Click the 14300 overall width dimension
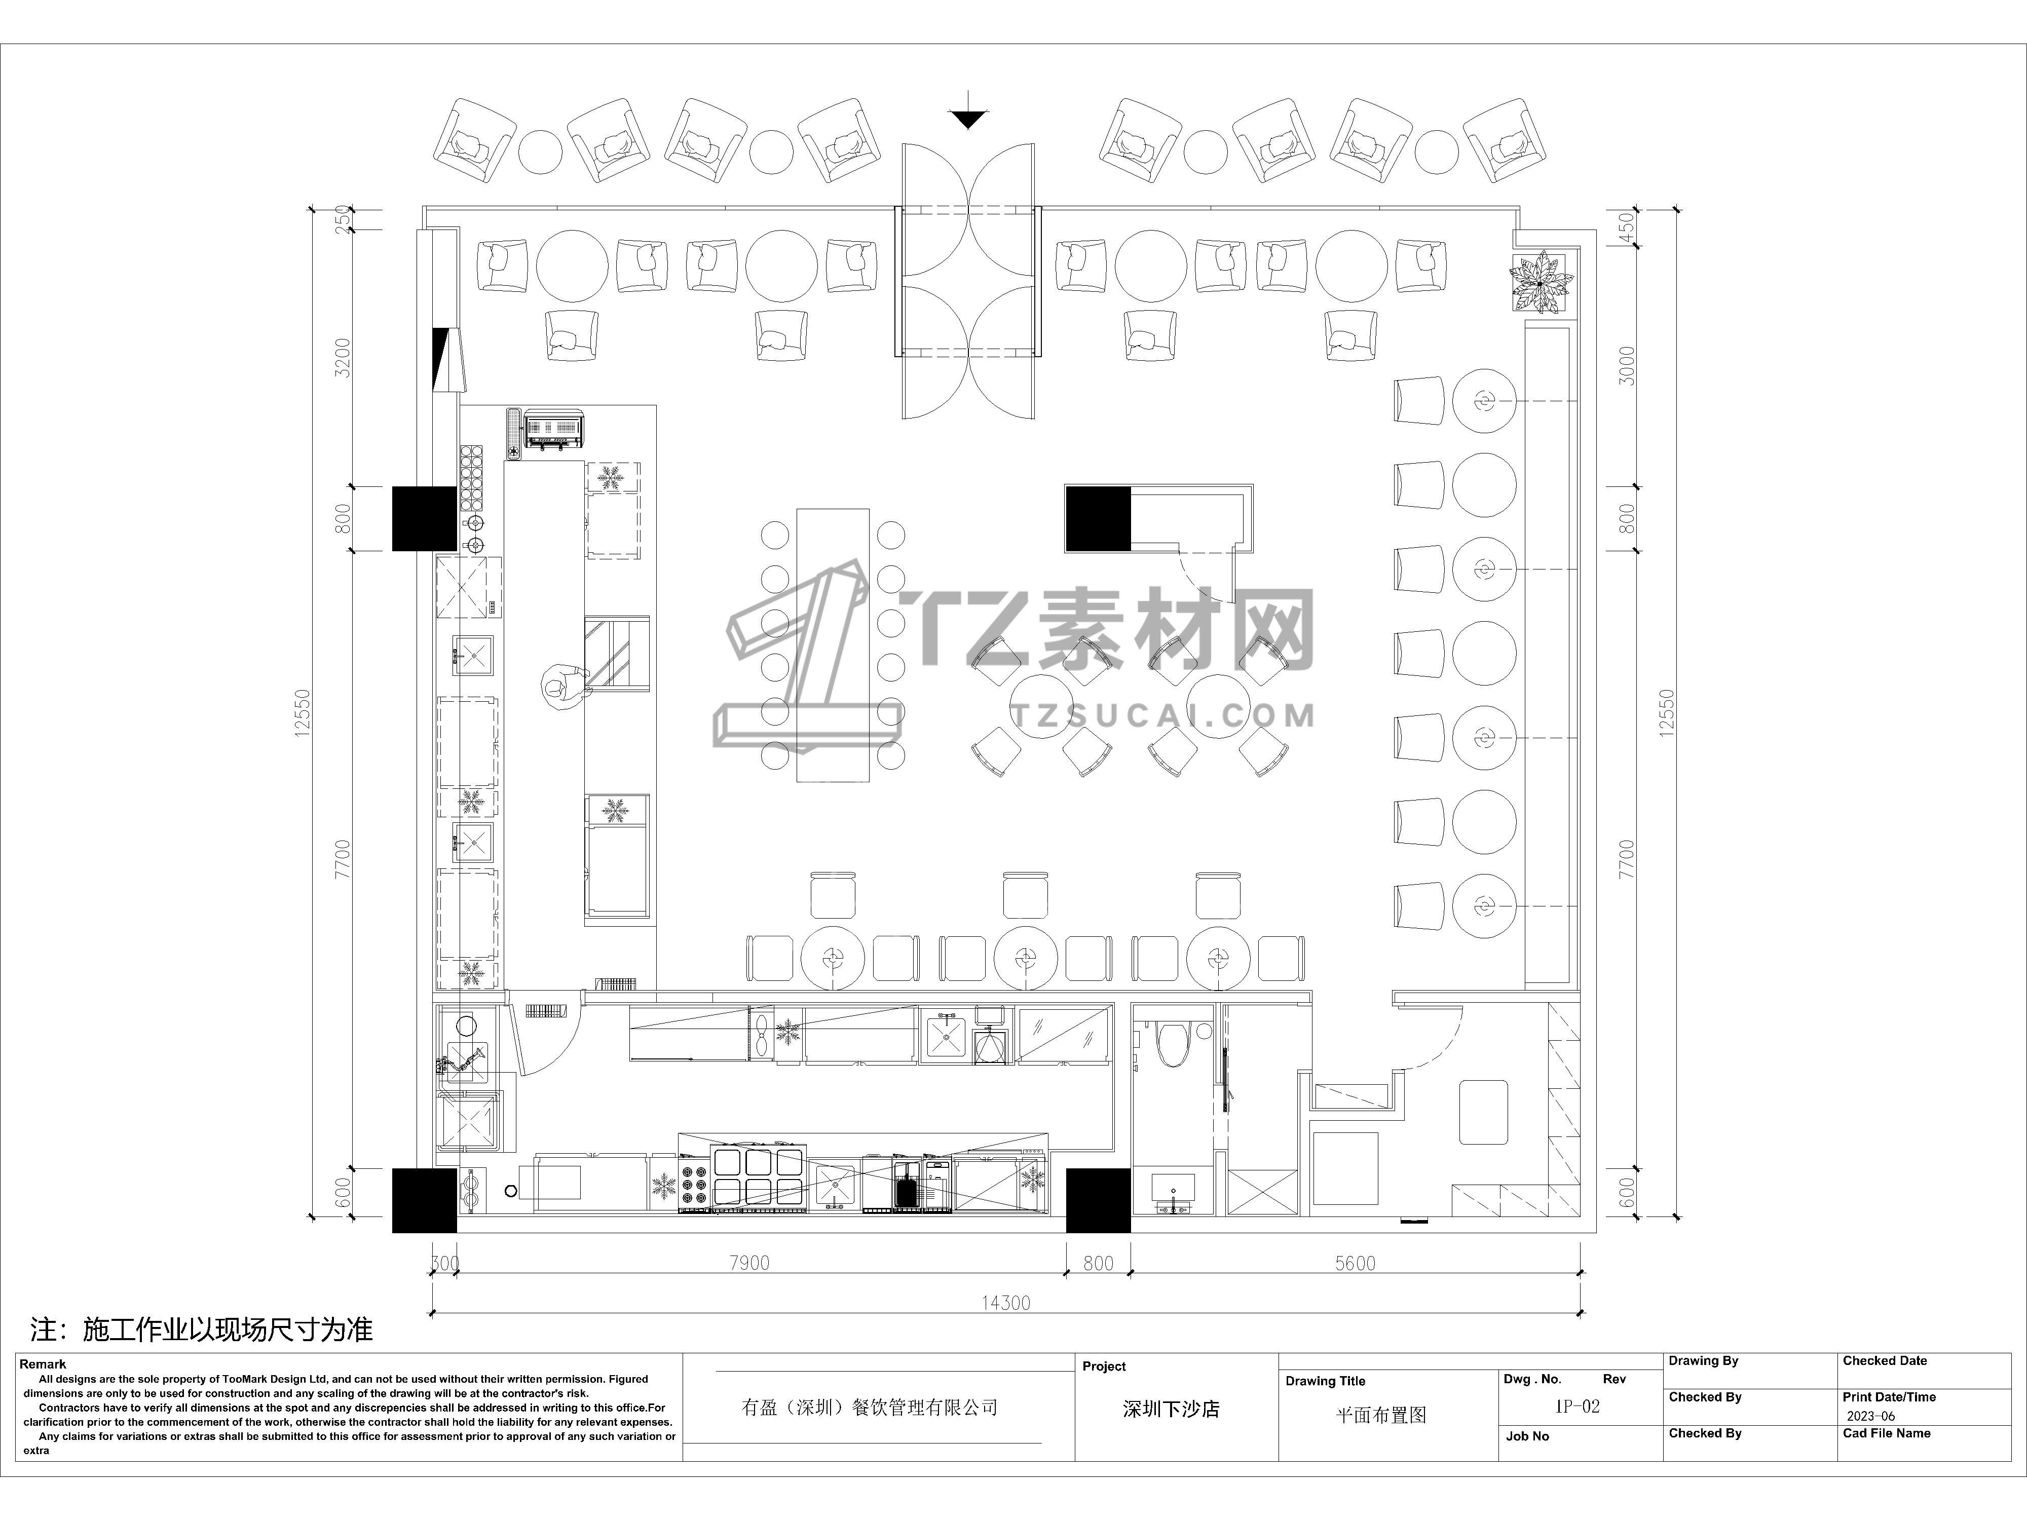tap(1005, 1302)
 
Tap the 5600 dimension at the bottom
tap(1355, 1264)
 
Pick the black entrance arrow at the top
tap(968, 117)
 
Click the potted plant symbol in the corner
tap(1541, 281)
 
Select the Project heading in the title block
tap(1104, 1366)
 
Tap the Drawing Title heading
tap(1325, 1381)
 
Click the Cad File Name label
tap(1887, 1433)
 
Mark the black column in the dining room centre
tap(1098, 519)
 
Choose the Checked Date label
tap(1885, 1360)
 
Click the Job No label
tap(1527, 1436)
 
